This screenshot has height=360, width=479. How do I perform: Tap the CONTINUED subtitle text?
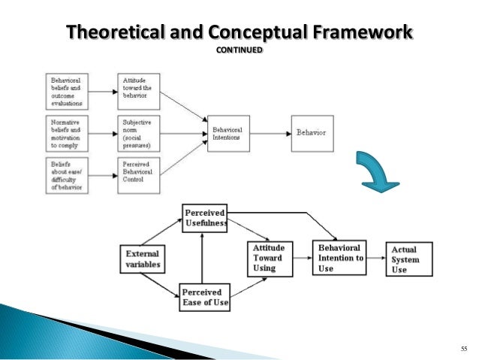(239, 50)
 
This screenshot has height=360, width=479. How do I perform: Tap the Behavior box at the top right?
(312, 133)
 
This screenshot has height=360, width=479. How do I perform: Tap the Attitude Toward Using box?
(269, 257)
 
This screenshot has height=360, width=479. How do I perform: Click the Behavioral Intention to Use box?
(338, 257)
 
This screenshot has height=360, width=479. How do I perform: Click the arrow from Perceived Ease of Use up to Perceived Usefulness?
(201, 256)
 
